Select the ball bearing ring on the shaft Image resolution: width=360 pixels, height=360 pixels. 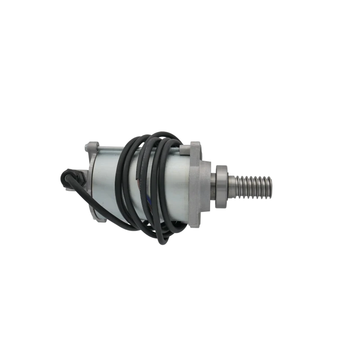222,185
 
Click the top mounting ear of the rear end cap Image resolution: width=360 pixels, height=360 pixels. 90,146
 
